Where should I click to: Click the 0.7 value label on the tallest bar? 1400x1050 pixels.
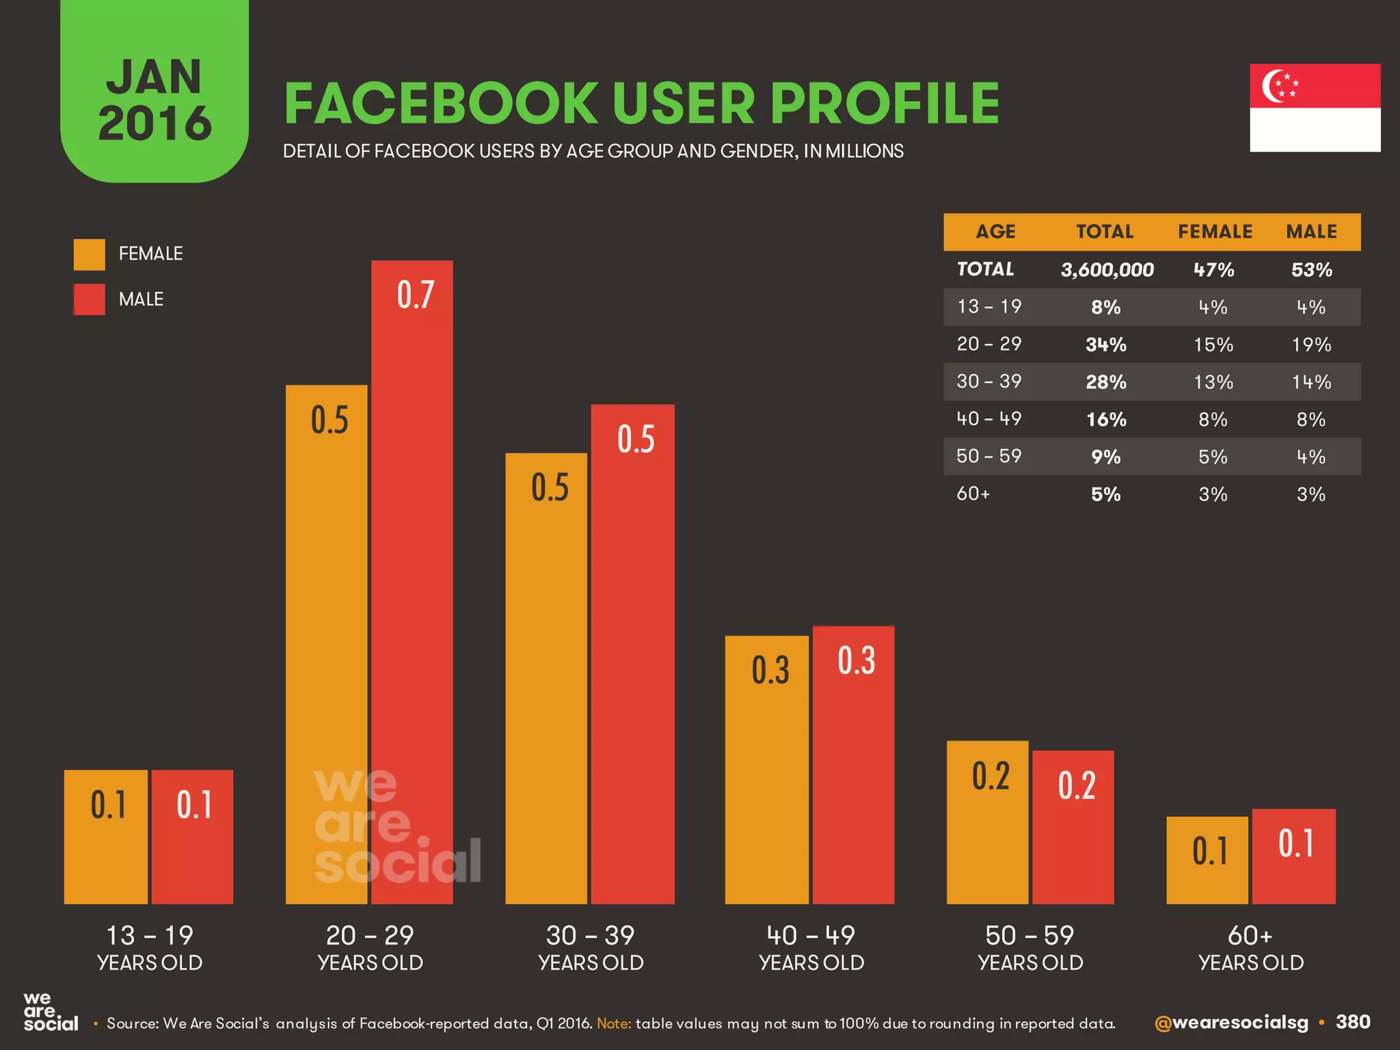(416, 295)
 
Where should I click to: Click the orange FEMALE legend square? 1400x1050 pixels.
(90, 254)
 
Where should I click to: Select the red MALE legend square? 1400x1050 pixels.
(90, 299)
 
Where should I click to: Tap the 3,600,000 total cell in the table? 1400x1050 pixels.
(1107, 270)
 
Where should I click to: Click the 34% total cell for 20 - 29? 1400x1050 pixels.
(1105, 345)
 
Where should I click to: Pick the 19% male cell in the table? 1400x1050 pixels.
(1311, 345)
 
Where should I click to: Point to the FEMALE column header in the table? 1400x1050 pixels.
(1215, 232)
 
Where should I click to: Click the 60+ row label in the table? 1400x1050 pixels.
(973, 494)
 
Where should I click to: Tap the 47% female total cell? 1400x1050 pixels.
(1213, 270)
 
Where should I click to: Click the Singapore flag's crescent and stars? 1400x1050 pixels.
(1278, 86)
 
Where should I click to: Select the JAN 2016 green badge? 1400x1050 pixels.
(154, 96)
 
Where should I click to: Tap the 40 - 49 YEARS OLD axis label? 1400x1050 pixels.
(811, 947)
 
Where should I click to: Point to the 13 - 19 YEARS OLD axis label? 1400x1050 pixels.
(150, 947)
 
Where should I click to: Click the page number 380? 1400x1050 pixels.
(1353, 1022)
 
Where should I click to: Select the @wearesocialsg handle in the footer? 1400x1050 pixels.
(1230, 1023)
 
